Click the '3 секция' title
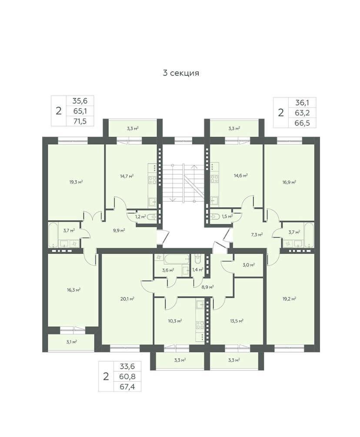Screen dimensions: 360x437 tap(181, 73)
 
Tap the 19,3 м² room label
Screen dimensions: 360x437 tap(76, 182)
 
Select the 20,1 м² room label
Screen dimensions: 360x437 tap(127, 299)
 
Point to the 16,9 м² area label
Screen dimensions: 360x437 tap(289, 182)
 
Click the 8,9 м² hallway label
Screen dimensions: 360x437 tap(207, 286)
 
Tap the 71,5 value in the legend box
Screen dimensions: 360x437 tap(80, 121)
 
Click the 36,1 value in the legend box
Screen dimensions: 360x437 tap(302, 103)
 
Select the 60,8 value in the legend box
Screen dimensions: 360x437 tap(127, 376)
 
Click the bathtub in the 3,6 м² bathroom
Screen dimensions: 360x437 tap(177, 259)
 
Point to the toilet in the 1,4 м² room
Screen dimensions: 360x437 tap(197, 259)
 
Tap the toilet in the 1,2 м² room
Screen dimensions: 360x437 tap(152, 217)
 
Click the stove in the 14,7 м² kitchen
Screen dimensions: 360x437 tap(152, 180)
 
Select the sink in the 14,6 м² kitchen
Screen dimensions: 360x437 tap(214, 200)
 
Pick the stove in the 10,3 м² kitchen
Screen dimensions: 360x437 tap(200, 325)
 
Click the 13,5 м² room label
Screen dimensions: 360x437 tap(237, 321)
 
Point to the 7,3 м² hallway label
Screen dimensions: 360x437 tap(257, 235)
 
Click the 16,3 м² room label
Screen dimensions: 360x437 tap(73, 290)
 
